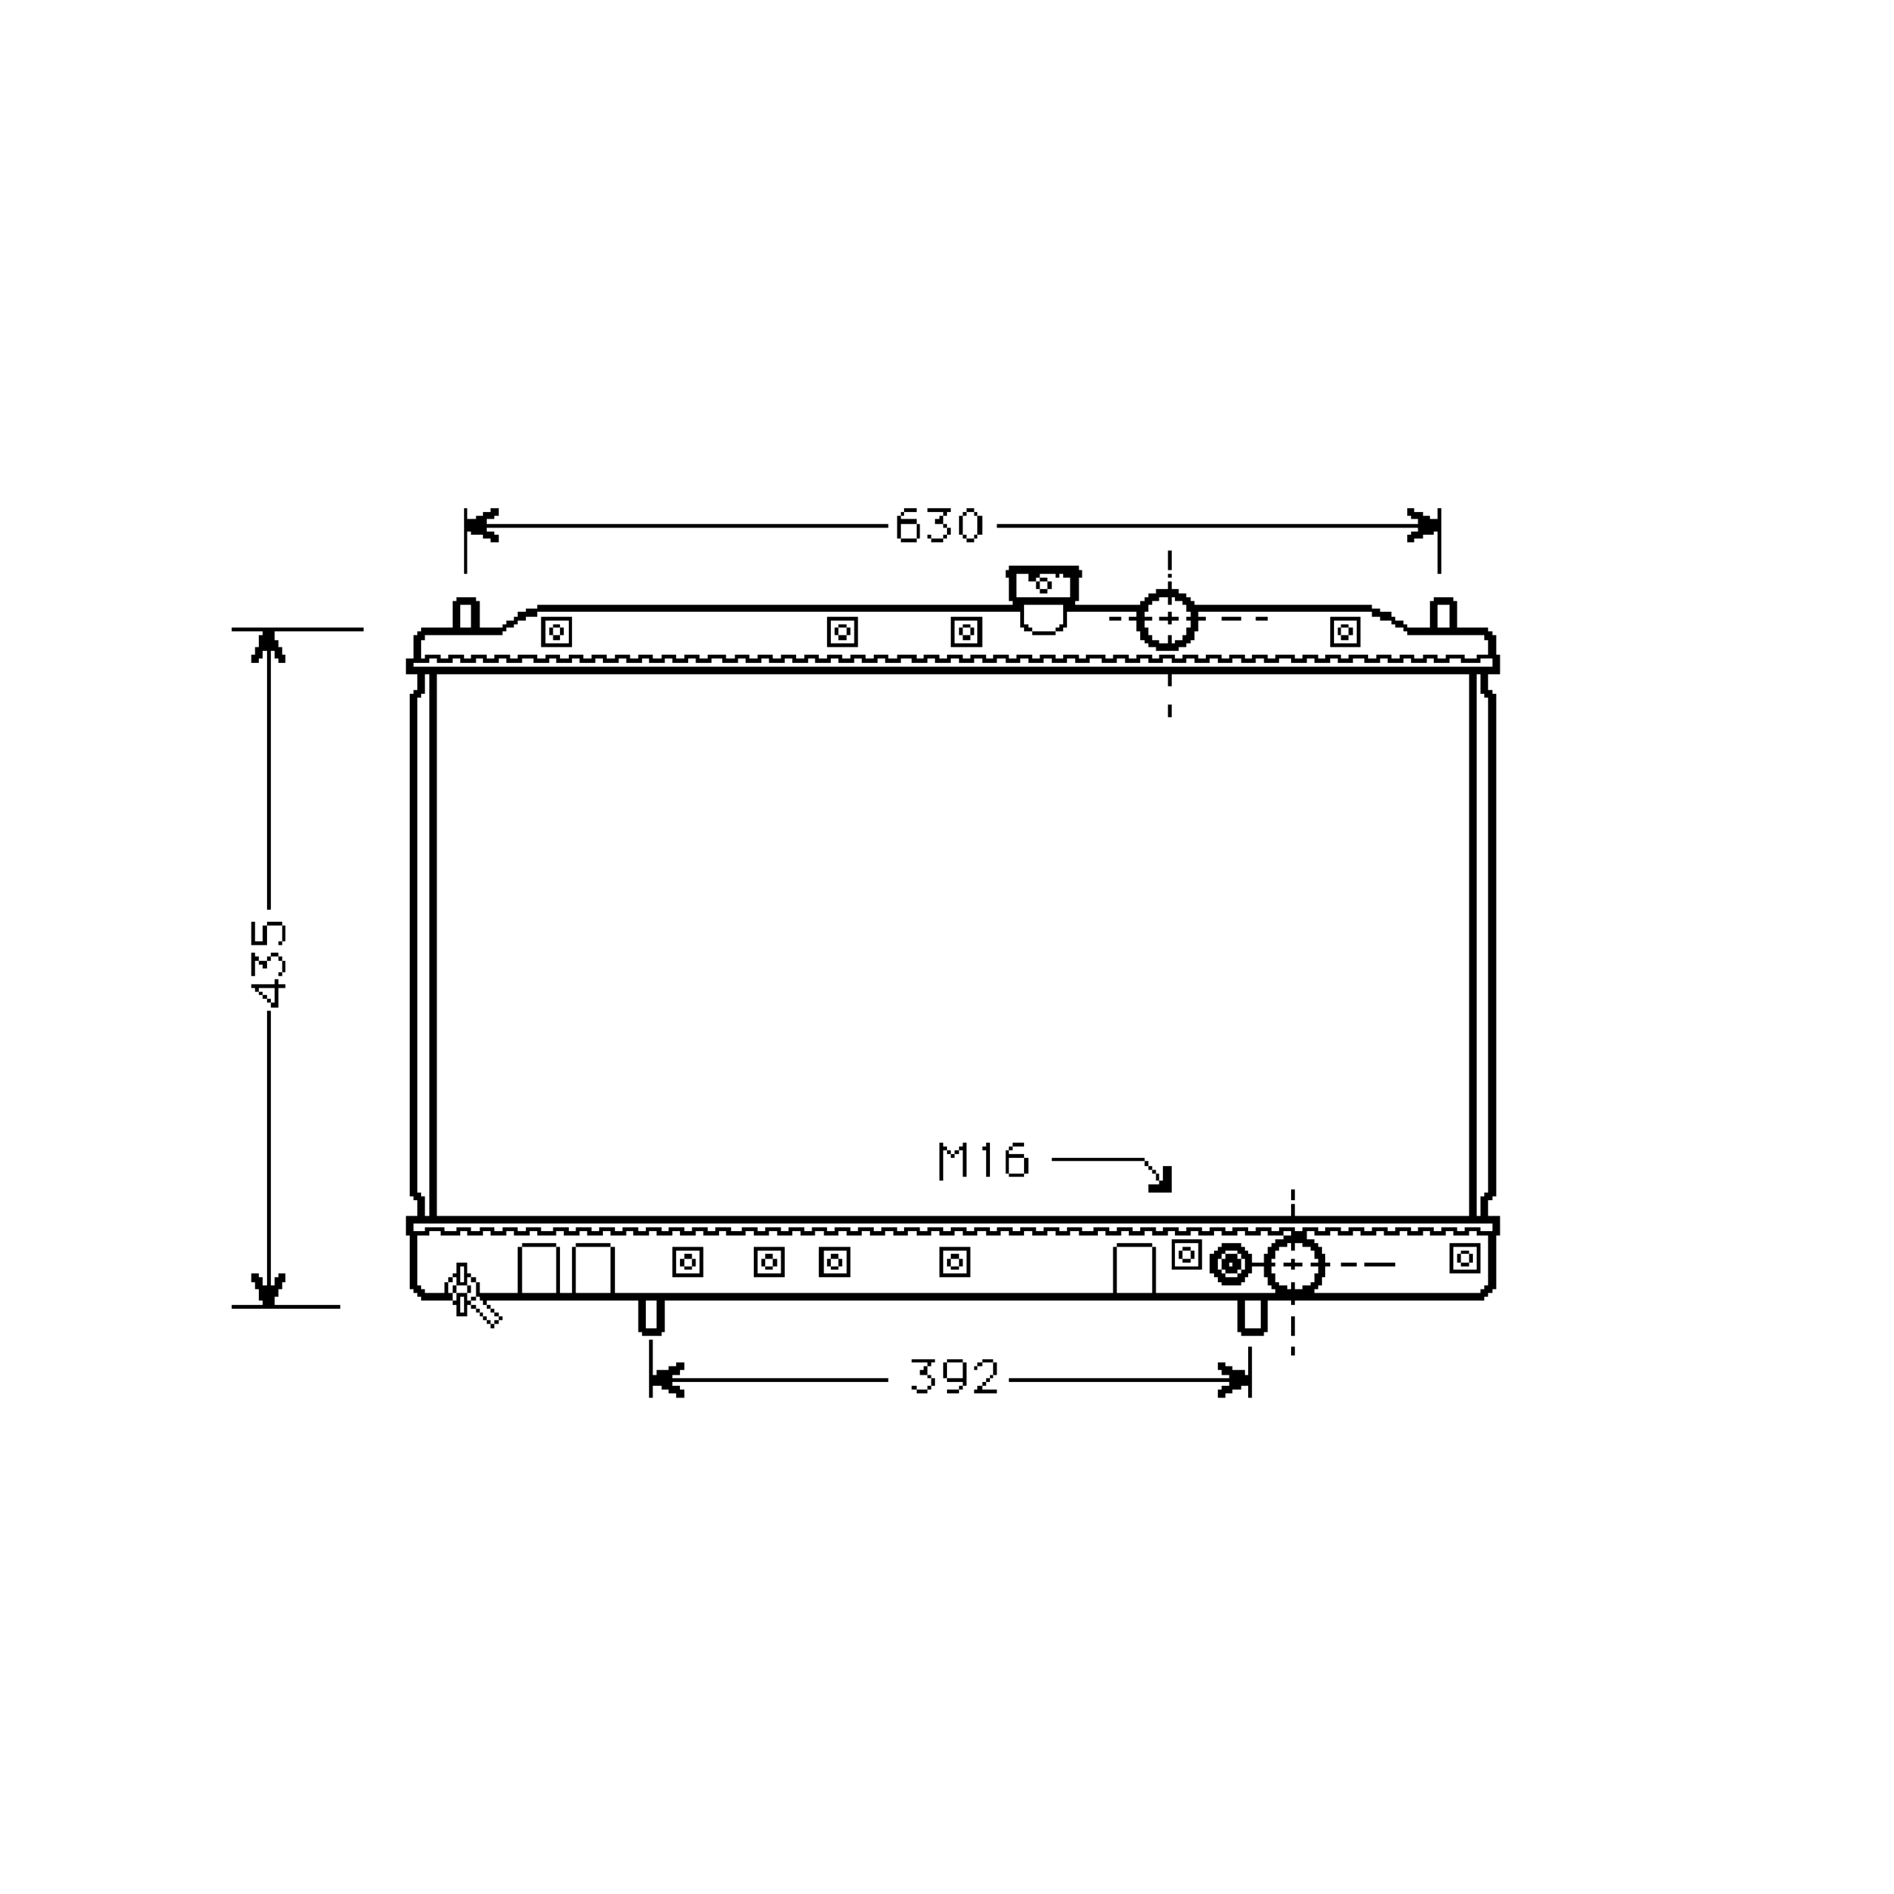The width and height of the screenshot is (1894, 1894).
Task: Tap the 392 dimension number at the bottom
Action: pos(954,1378)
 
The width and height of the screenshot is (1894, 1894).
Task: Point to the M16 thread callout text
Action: pos(983,1161)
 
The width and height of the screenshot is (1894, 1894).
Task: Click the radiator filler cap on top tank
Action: pos(1043,598)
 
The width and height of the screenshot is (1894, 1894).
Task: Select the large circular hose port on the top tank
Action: pos(1167,619)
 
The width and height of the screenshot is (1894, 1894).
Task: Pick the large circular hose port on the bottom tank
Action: pos(1294,1264)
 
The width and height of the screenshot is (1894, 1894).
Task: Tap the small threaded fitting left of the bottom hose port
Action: pos(1230,1264)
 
